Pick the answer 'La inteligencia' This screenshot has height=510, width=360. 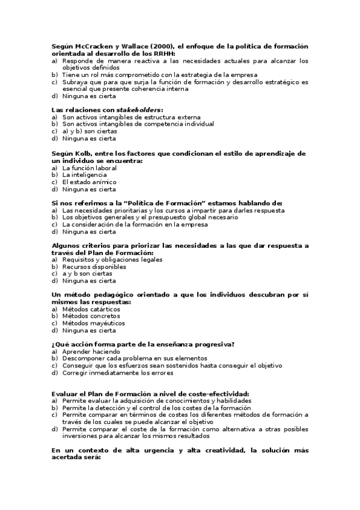pos(88,175)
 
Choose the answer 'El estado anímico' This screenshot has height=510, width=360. pos(90,182)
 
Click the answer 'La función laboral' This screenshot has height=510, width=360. pos(90,168)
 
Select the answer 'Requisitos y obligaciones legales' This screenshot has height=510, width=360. pos(112,259)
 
